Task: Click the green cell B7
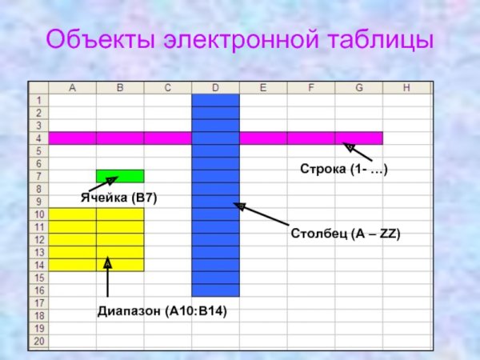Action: click(120, 176)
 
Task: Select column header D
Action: click(215, 87)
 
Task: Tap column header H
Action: click(406, 87)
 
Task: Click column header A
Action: click(72, 87)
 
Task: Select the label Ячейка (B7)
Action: click(118, 198)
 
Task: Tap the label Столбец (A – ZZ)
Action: click(345, 234)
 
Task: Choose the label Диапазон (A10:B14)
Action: click(162, 311)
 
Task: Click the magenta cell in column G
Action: click(358, 138)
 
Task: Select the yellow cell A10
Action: click(72, 214)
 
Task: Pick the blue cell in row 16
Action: click(215, 290)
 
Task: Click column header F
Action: click(310, 87)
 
